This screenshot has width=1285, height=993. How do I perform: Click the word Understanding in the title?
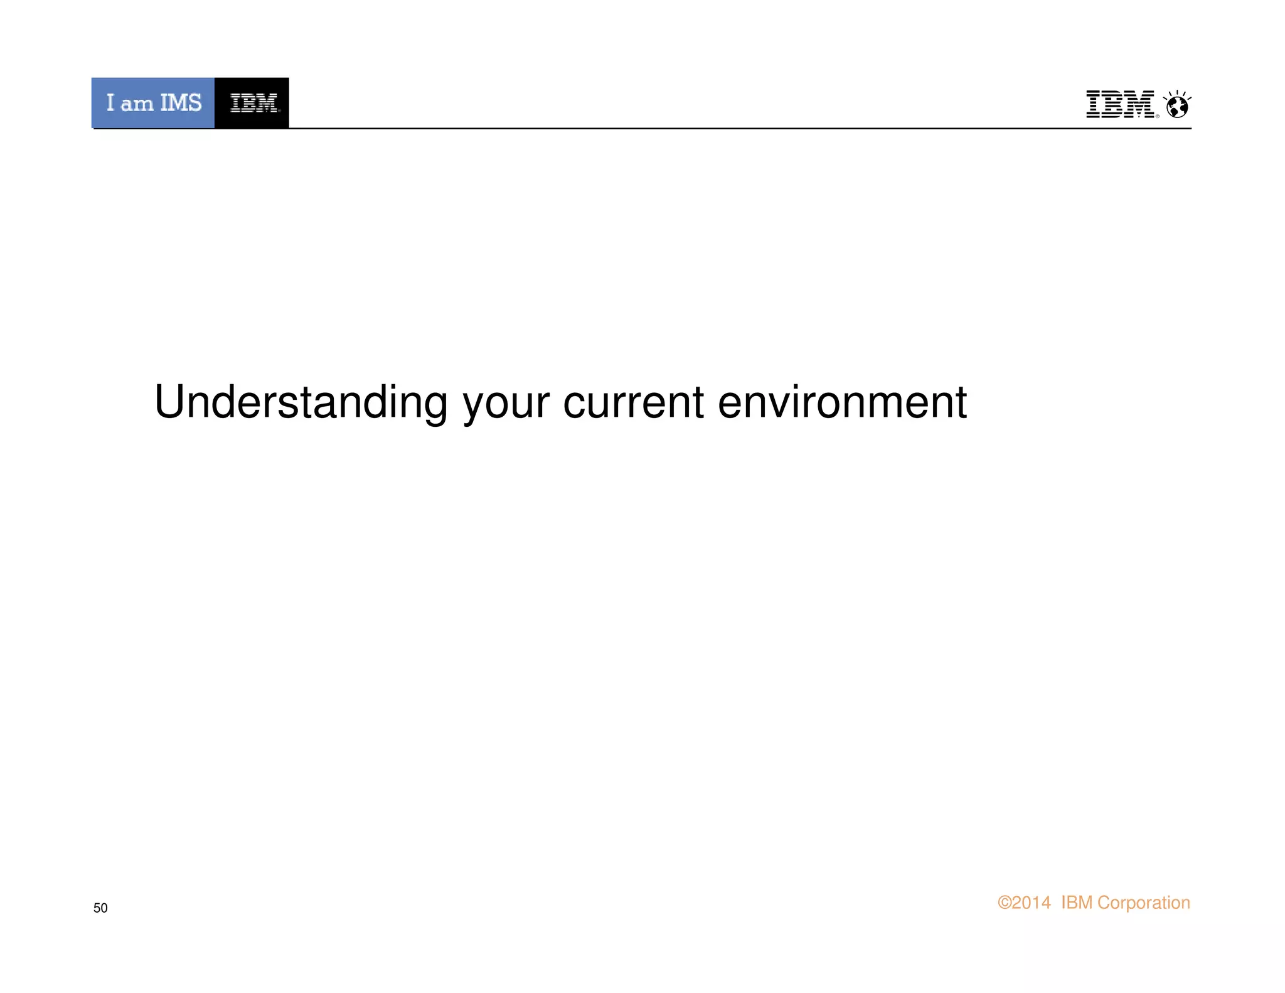pyautogui.click(x=301, y=402)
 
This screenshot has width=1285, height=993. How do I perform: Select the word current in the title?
pyautogui.click(x=633, y=402)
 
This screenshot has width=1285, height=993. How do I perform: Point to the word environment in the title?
pyautogui.click(x=842, y=402)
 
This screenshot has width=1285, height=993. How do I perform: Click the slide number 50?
pyautogui.click(x=100, y=908)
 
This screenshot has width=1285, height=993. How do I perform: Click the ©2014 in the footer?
pyautogui.click(x=1024, y=903)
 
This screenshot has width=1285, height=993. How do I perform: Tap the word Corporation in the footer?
pyautogui.click(x=1143, y=903)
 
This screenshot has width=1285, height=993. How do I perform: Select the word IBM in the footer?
pyautogui.click(x=1077, y=903)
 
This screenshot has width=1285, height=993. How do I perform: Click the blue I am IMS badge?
pyautogui.click(x=153, y=103)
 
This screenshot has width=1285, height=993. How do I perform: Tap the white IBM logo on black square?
pyautogui.click(x=253, y=103)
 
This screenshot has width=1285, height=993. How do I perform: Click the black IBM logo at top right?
pyautogui.click(x=1119, y=104)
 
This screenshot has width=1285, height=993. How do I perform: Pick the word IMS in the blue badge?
pyautogui.click(x=181, y=103)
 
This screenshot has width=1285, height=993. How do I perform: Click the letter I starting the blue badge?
pyautogui.click(x=110, y=103)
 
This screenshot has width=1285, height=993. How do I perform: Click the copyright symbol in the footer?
pyautogui.click(x=1005, y=903)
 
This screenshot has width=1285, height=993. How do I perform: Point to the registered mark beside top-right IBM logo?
pyautogui.click(x=1158, y=115)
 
